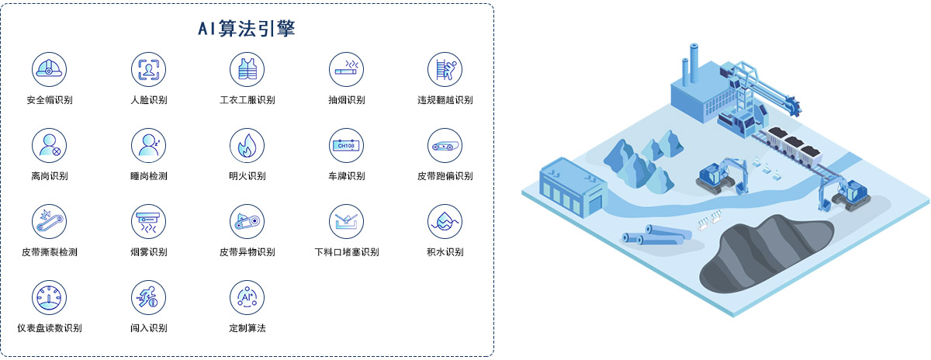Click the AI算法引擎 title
247,28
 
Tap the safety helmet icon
49,69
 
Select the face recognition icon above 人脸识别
148,69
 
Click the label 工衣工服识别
247,100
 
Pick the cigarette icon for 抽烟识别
346,69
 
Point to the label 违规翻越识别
445,100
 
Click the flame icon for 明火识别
247,146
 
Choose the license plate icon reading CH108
346,146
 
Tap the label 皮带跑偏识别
445,176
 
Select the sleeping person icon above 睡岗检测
148,146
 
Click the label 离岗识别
50,176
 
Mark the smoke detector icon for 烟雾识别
148,222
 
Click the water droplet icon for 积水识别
445,222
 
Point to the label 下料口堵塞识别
347,252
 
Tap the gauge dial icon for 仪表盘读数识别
49,298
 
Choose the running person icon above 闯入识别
148,298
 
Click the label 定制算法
247,328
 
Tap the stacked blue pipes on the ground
656,235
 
